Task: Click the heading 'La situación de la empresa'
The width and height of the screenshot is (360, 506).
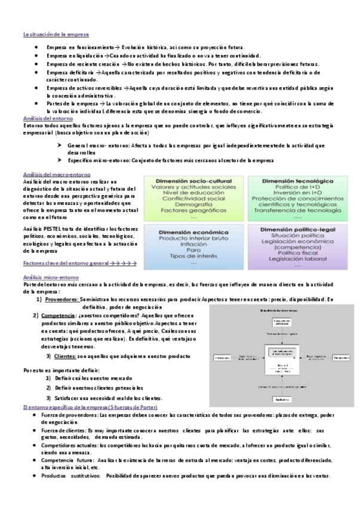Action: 57,34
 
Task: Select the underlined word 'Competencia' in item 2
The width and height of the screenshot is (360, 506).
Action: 61,315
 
